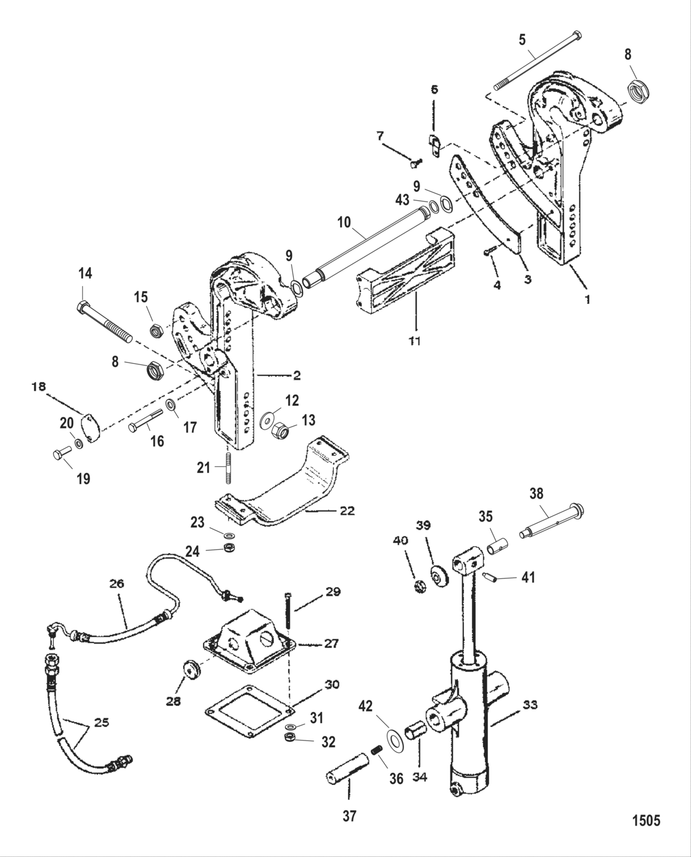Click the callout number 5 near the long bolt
tap(523, 41)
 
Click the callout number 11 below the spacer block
tap(415, 340)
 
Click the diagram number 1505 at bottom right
tap(646, 821)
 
